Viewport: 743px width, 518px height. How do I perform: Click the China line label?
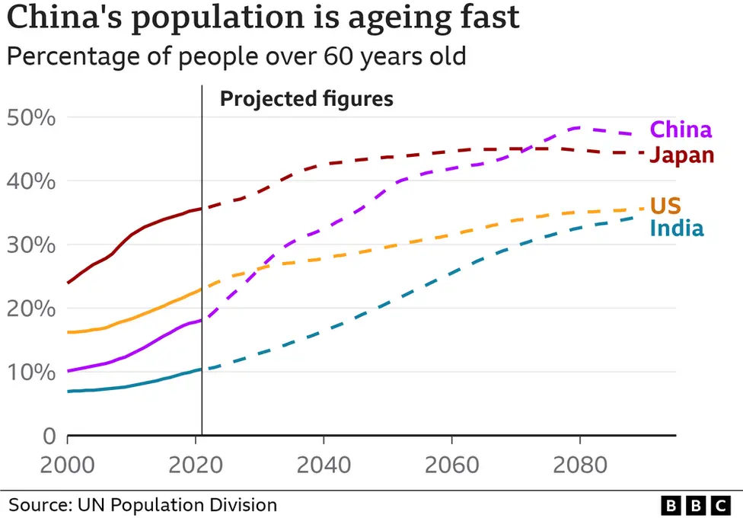point(681,129)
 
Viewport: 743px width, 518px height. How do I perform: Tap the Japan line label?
point(681,155)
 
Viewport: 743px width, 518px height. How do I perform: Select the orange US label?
point(665,205)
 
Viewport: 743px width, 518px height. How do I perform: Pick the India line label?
point(677,229)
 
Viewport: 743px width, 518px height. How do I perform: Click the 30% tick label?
point(31,245)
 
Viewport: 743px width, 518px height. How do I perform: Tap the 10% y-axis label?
point(31,373)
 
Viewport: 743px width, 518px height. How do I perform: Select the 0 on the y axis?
point(49,436)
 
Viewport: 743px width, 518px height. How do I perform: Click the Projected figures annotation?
point(306,99)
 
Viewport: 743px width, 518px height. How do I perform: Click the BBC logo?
point(694,504)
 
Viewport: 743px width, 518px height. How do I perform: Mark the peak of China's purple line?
point(580,128)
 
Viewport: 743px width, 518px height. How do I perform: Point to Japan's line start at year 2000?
point(69,283)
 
